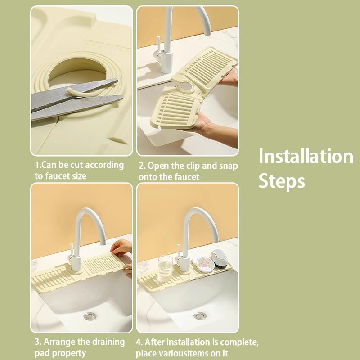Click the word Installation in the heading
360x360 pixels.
tap(306, 157)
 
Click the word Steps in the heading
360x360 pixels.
tap(282, 181)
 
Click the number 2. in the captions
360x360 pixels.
tap(142, 166)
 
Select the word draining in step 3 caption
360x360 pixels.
tap(108, 342)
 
